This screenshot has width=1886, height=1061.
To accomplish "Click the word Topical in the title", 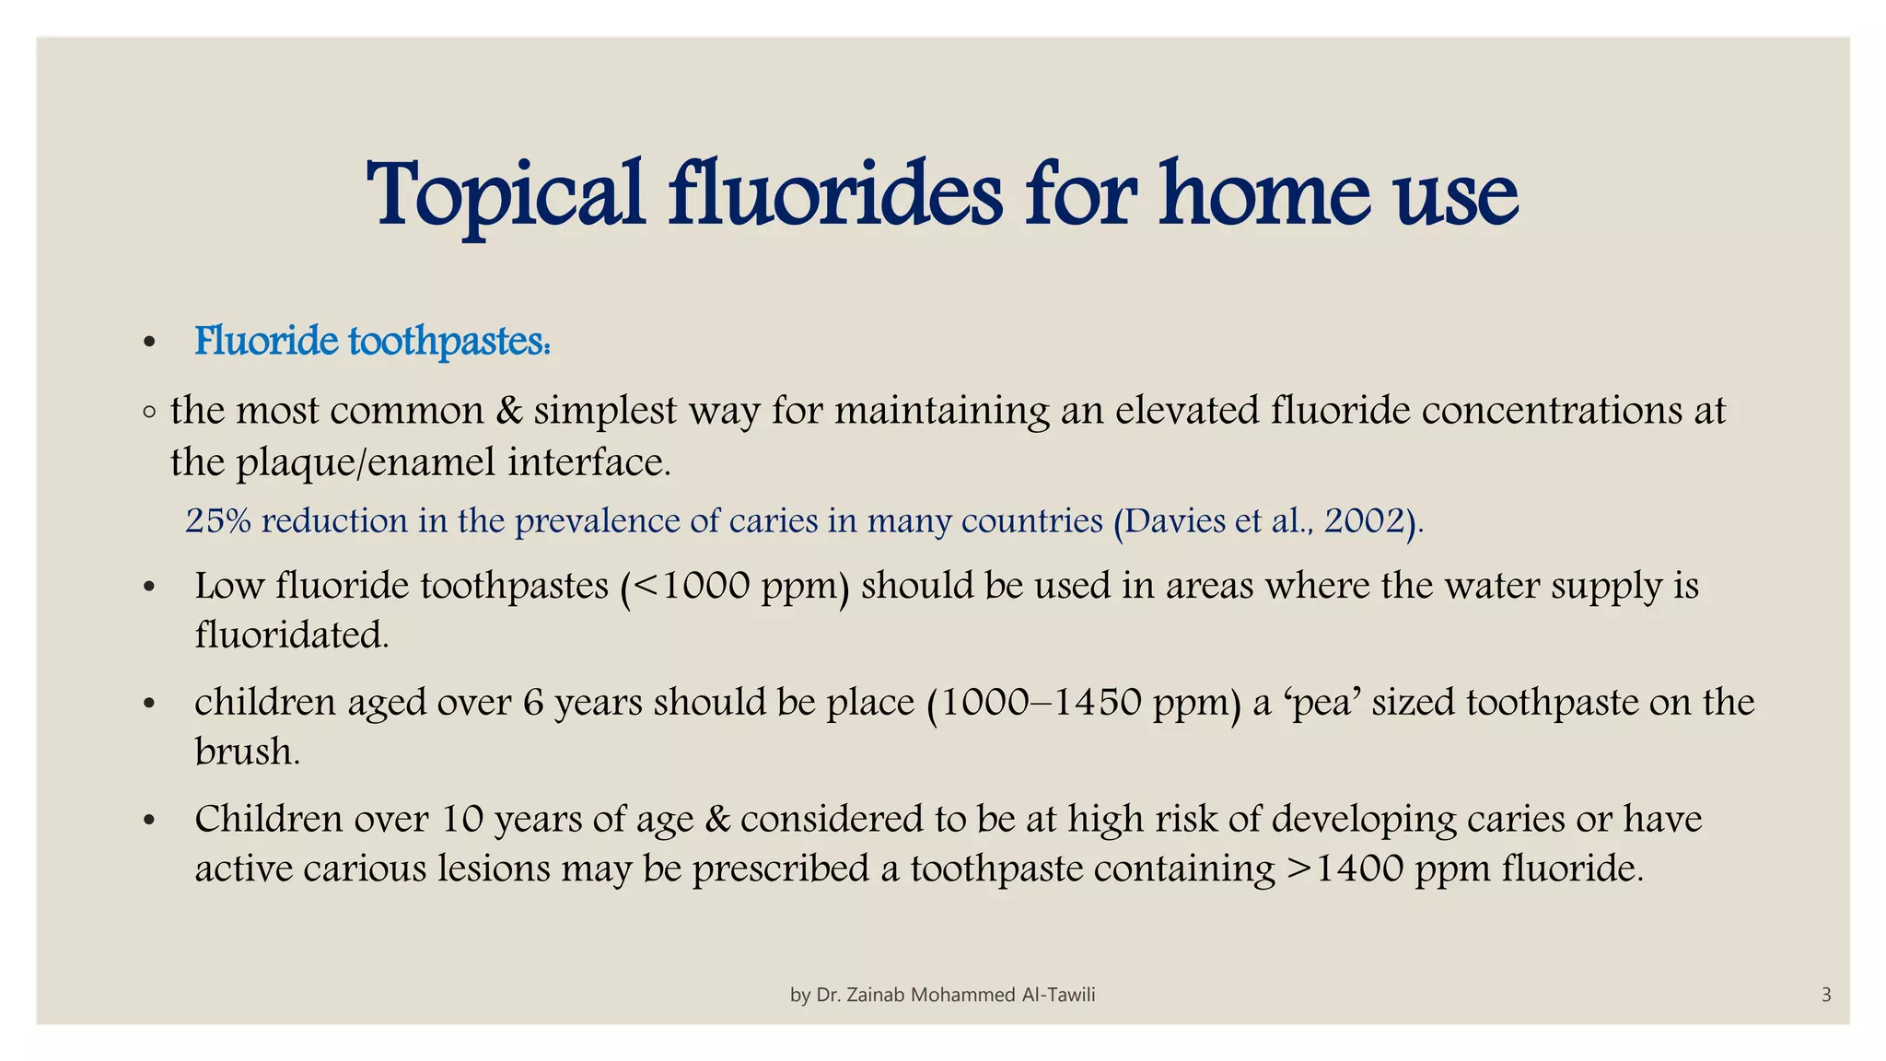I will point(505,195).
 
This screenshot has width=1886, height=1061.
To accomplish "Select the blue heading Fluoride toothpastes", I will point(372,342).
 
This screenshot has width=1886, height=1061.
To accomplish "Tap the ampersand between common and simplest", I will point(508,411).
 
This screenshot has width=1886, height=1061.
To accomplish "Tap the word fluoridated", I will point(291,635).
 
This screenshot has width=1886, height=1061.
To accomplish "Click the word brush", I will point(247,752).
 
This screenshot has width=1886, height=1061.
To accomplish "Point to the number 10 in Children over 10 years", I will point(461,819).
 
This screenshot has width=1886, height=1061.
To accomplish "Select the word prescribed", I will point(780,869).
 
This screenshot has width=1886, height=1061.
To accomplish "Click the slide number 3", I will point(1826,995).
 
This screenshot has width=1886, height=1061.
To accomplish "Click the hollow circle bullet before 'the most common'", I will point(150,413).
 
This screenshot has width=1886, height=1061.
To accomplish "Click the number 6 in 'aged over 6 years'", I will point(533,703).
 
